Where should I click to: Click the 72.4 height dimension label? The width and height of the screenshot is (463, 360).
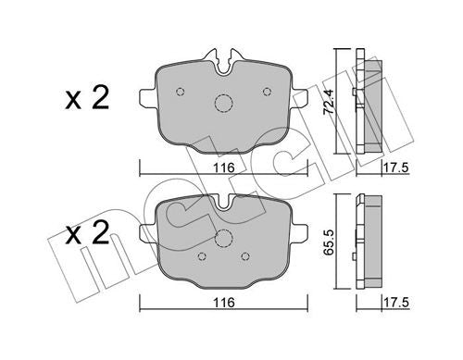coord(329,102)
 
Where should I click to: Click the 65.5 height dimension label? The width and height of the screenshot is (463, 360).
coord(329,242)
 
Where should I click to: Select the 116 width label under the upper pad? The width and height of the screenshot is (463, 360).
coord(224,168)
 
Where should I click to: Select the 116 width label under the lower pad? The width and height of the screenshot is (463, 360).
coord(224,303)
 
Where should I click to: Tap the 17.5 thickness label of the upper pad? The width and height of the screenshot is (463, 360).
coord(396,168)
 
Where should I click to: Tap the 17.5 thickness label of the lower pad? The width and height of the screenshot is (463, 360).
coord(396,303)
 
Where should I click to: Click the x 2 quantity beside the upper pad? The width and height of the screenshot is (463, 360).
coord(87,97)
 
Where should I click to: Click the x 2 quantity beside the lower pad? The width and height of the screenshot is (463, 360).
coord(87,232)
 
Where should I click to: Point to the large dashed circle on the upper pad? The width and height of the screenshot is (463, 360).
coord(223,103)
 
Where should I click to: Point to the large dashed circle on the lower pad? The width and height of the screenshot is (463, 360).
coord(223,238)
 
